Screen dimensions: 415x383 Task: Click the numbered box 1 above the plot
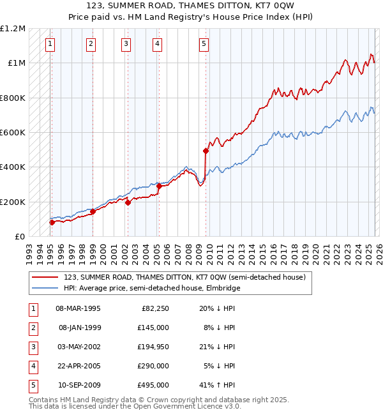click(x=50, y=44)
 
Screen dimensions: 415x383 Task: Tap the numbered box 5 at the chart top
click(x=204, y=44)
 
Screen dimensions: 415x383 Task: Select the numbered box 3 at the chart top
click(x=126, y=44)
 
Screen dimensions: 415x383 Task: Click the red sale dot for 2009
click(x=206, y=151)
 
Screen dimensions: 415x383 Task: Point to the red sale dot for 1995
click(x=52, y=222)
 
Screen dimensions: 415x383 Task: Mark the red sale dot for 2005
click(x=158, y=186)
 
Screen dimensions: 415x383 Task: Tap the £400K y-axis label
click(x=13, y=167)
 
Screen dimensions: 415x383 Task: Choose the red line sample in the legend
click(x=46, y=277)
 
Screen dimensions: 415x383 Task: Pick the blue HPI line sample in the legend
click(x=46, y=288)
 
